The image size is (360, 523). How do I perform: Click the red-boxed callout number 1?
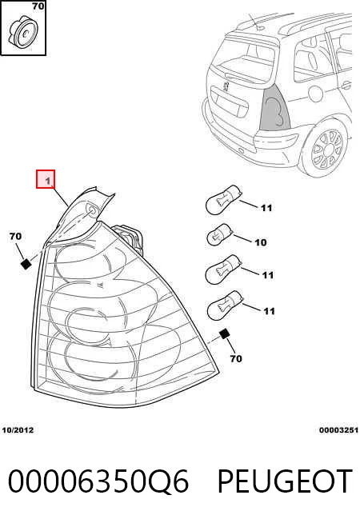(46, 179)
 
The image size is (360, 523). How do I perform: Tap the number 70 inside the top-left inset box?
(38, 6)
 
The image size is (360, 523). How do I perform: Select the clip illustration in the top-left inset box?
(23, 32)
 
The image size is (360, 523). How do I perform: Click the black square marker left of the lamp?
(26, 264)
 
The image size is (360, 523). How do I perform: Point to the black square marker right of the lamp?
(224, 334)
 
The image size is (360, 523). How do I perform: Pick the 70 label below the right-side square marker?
(236, 358)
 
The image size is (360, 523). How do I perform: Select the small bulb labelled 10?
(220, 235)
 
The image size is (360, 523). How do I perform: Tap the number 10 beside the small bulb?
(261, 242)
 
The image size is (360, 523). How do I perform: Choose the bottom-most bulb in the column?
(225, 306)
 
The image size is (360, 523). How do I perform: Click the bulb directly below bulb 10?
(223, 269)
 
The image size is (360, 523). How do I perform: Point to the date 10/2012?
(18, 430)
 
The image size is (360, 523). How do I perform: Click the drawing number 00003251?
(338, 430)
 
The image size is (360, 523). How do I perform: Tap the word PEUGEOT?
(285, 481)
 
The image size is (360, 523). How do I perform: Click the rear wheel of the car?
(326, 149)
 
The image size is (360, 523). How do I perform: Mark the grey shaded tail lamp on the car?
(274, 107)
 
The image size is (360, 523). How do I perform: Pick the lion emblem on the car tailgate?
(226, 86)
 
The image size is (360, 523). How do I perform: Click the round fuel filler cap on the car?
(316, 94)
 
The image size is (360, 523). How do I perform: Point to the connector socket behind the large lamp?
(130, 238)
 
